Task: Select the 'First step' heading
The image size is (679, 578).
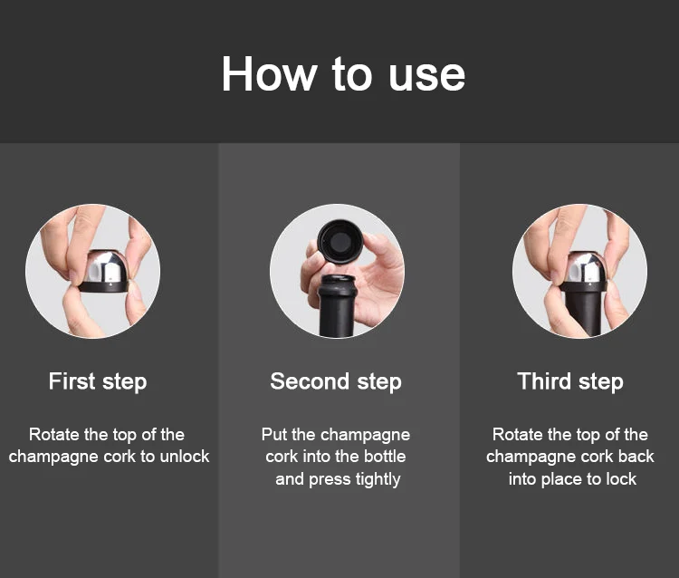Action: (x=98, y=381)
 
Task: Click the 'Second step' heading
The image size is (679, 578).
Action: (x=336, y=381)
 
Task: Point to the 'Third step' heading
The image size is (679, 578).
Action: (x=570, y=381)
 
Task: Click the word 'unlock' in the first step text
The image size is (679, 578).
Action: (x=185, y=457)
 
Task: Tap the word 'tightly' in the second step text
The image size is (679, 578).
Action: (x=378, y=479)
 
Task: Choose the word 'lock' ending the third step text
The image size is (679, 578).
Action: (x=621, y=479)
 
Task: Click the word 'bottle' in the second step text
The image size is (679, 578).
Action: (x=385, y=457)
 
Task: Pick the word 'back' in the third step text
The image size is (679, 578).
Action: (x=636, y=457)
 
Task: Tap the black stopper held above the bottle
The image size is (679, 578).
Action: (x=339, y=241)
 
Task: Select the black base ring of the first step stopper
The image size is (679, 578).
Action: (x=104, y=286)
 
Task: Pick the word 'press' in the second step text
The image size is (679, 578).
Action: (x=330, y=480)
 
